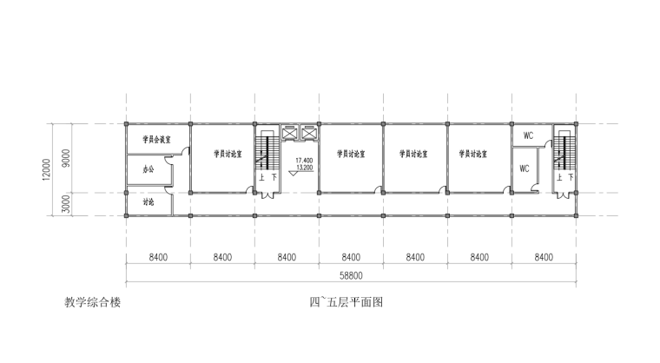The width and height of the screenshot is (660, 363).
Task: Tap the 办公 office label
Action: [x=148, y=169]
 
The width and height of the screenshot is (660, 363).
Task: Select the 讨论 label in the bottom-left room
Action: [x=148, y=202]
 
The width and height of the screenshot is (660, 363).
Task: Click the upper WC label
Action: [x=528, y=136]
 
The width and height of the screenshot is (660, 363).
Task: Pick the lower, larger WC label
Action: [x=524, y=168]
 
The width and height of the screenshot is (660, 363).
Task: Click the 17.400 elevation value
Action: [x=304, y=161]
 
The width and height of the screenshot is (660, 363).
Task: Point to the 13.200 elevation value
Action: [x=304, y=167]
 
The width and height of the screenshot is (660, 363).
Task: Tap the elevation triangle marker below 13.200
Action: [x=293, y=173]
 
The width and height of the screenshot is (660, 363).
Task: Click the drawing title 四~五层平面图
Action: [x=346, y=303]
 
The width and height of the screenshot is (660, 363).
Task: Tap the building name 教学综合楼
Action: [x=92, y=303]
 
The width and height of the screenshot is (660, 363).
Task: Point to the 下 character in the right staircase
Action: [x=570, y=177]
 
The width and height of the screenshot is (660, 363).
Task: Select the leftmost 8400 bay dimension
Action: [x=158, y=257]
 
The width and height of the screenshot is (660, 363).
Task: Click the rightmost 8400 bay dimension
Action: [x=544, y=257]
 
